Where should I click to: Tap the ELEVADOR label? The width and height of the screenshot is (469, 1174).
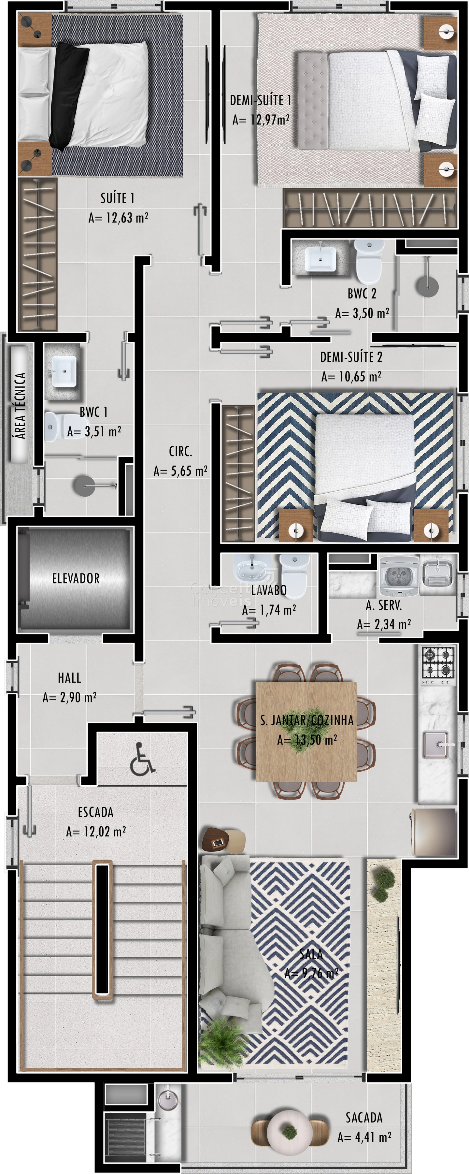click(x=76, y=578)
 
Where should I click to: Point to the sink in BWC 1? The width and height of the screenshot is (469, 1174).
click(x=64, y=371)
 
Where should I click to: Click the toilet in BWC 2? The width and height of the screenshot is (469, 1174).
click(x=368, y=262)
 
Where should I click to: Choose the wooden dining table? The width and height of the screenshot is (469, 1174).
click(x=306, y=732)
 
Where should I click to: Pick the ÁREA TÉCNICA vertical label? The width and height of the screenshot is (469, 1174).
click(x=20, y=405)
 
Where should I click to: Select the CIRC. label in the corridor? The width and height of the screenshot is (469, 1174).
click(x=180, y=451)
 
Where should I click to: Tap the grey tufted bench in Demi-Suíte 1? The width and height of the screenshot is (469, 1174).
click(x=313, y=100)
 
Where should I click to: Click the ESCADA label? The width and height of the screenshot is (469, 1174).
click(x=96, y=812)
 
